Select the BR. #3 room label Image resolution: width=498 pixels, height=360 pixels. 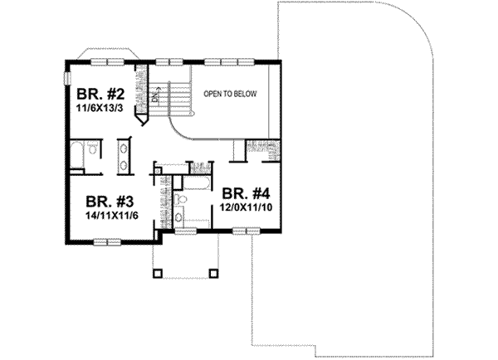111,201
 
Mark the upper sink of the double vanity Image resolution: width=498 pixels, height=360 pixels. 124,148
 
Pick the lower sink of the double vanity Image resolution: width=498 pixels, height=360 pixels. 124,163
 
